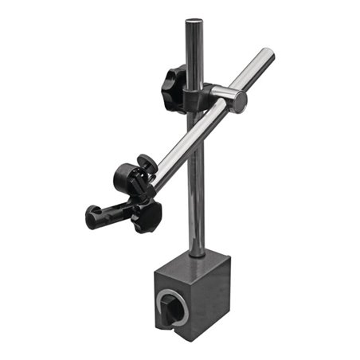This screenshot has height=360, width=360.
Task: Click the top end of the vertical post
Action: tap(194, 22)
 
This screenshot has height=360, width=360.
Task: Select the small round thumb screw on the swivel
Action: tap(146, 164)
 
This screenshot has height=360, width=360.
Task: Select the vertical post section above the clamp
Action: tap(194, 52)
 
